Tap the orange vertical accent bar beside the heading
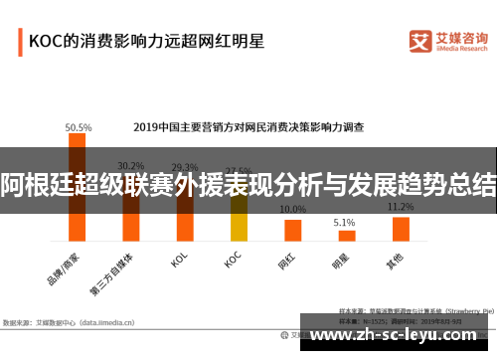[19, 42]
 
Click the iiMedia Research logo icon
[420, 40]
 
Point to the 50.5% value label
[79, 128]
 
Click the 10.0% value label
[292, 210]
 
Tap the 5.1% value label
[344, 222]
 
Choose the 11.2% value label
[400, 207]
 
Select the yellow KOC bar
[239, 219]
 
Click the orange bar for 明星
[346, 235]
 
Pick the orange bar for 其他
[401, 229]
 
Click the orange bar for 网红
[292, 230]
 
